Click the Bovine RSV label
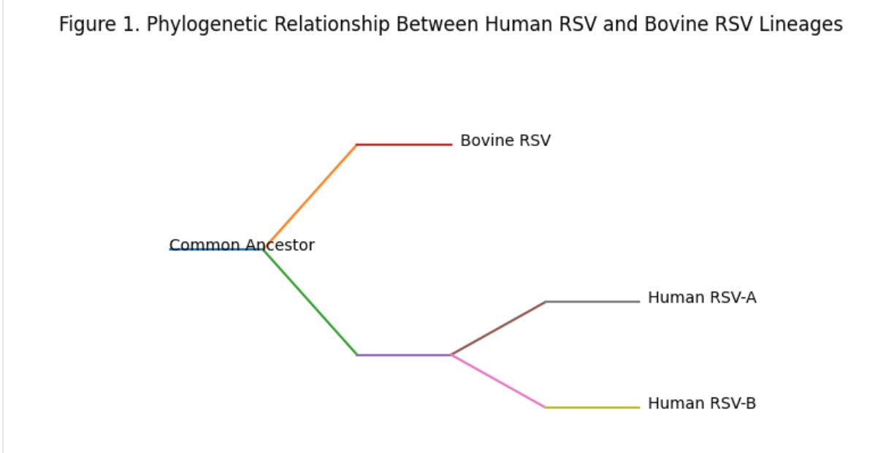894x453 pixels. [505, 140]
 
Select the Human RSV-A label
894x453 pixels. [701, 298]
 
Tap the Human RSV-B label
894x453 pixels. [701, 403]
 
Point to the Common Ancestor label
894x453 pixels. [242, 245]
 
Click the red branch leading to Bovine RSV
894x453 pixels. [404, 145]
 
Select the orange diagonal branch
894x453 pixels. [310, 197]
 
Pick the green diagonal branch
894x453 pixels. [310, 302]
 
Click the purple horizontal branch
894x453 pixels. [404, 355]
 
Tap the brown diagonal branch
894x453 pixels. [498, 328]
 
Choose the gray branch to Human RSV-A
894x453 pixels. [592, 302]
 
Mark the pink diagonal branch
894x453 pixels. [498, 381]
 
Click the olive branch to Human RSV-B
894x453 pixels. [592, 408]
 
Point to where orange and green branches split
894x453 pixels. [264, 249]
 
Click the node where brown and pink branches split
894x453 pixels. [451, 355]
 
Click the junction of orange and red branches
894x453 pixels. [357, 145]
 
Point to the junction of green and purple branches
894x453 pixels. [357, 355]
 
